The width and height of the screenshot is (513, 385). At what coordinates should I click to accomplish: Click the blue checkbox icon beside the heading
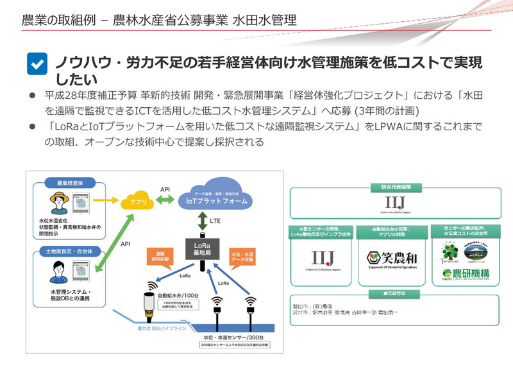pos(37,64)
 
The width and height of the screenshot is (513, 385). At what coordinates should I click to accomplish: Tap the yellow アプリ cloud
pos(138,201)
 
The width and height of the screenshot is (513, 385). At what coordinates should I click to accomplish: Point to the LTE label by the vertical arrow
pos(216,221)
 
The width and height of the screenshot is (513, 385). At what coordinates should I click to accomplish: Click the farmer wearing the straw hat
pos(59,200)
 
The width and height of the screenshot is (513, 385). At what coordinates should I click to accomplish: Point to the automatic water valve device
pos(148,307)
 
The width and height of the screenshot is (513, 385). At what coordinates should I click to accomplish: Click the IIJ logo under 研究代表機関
pos(391,204)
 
